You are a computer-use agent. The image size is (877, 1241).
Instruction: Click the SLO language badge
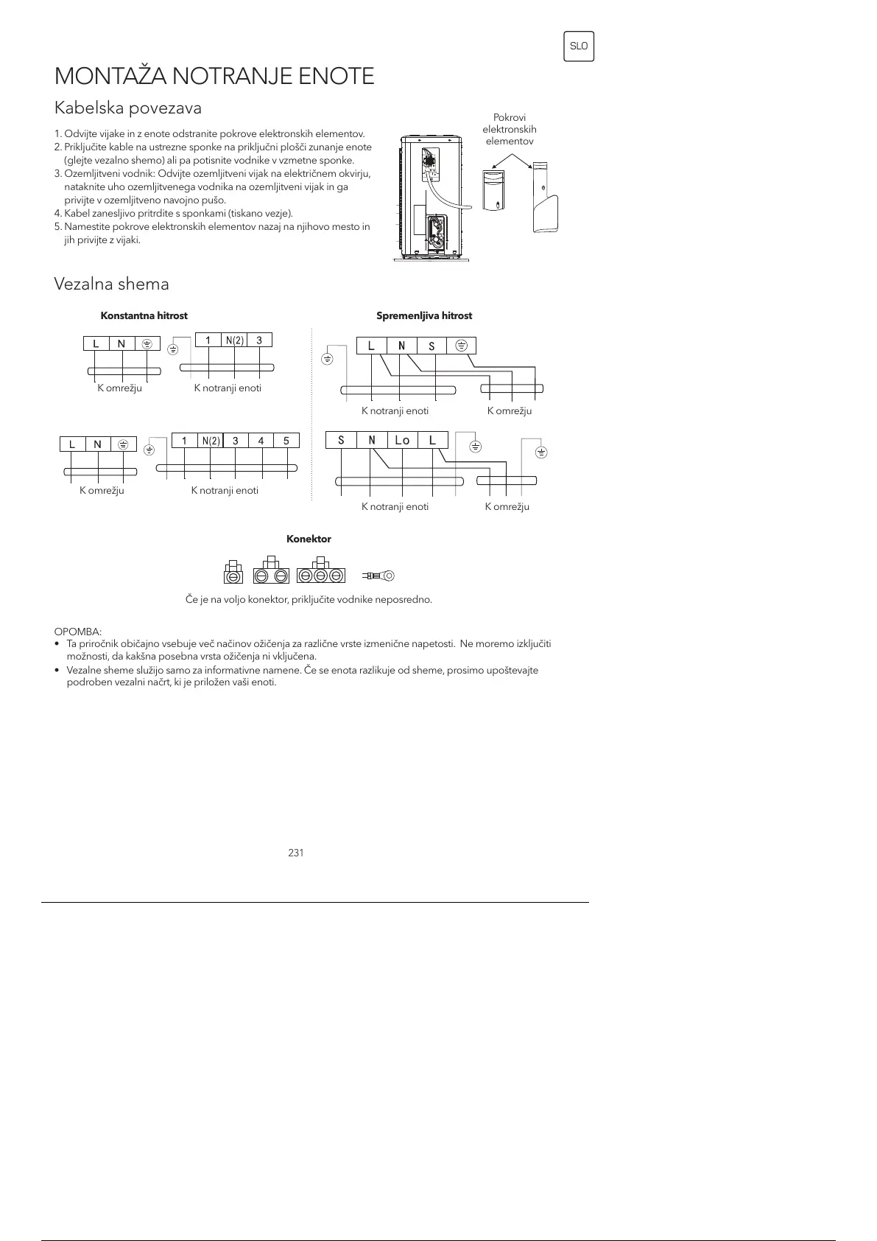point(579,46)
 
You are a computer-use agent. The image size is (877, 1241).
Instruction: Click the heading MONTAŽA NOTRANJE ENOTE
point(214,76)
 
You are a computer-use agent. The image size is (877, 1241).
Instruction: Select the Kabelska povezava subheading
point(128,108)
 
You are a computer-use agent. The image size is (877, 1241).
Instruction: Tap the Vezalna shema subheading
point(111,284)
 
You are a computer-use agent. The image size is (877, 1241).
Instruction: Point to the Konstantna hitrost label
point(144,315)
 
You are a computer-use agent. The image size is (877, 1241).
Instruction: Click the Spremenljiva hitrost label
point(424,315)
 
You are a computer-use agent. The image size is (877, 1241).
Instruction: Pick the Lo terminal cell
point(402,441)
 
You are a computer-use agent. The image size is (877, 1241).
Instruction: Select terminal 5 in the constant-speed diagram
point(286,441)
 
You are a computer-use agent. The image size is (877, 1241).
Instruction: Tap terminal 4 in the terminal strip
point(261,441)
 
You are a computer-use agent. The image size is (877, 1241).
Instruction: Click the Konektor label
point(309,539)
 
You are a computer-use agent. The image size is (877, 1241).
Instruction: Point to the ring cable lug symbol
point(380,575)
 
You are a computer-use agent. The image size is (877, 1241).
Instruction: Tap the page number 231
point(296,853)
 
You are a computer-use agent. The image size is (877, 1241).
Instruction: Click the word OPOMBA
point(78,632)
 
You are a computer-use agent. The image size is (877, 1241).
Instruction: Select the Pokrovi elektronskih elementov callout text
point(510,129)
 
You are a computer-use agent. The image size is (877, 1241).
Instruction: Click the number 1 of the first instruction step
point(57,134)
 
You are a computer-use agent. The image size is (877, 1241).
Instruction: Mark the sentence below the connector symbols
point(309,599)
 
